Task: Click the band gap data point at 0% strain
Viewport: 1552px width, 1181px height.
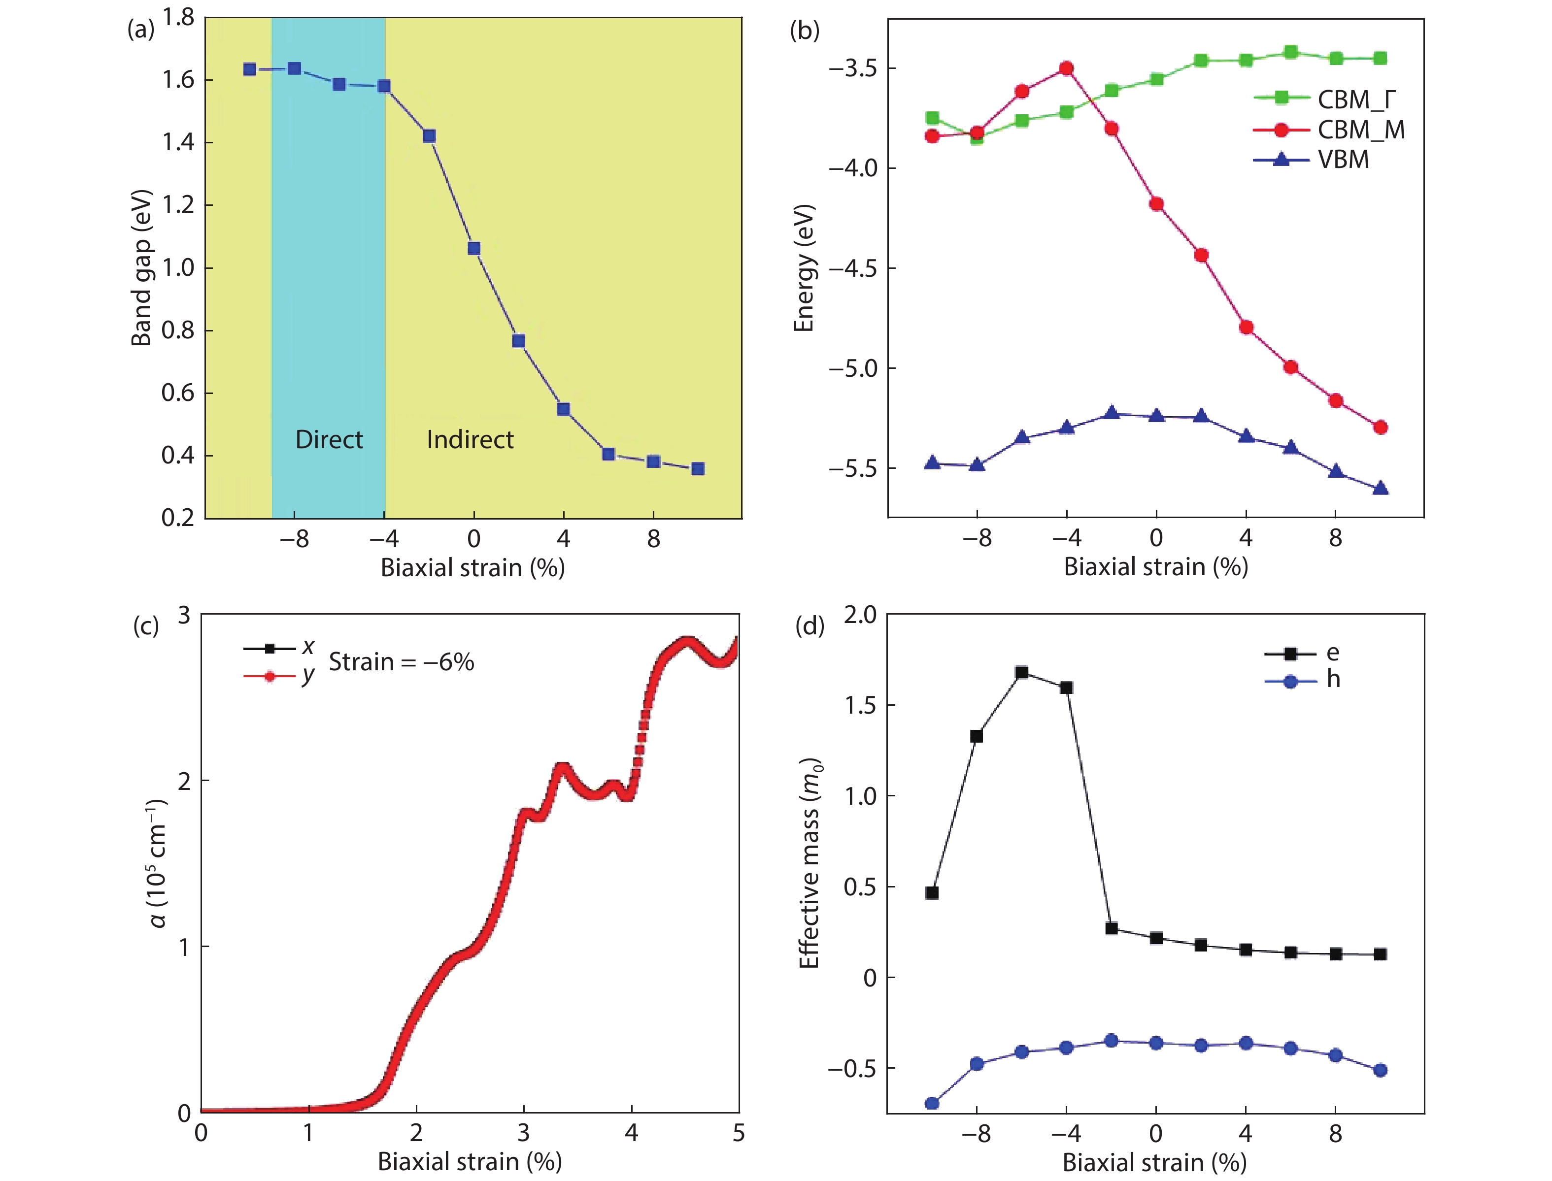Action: click(474, 248)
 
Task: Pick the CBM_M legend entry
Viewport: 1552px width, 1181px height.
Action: click(1329, 130)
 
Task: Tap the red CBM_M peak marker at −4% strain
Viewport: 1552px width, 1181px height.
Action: click(1066, 68)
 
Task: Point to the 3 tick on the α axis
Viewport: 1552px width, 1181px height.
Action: click(184, 616)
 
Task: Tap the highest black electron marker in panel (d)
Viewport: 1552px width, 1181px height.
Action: click(1022, 673)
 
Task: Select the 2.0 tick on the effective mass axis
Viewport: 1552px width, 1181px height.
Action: click(860, 615)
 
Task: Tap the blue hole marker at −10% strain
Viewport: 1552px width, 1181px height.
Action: click(932, 1104)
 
